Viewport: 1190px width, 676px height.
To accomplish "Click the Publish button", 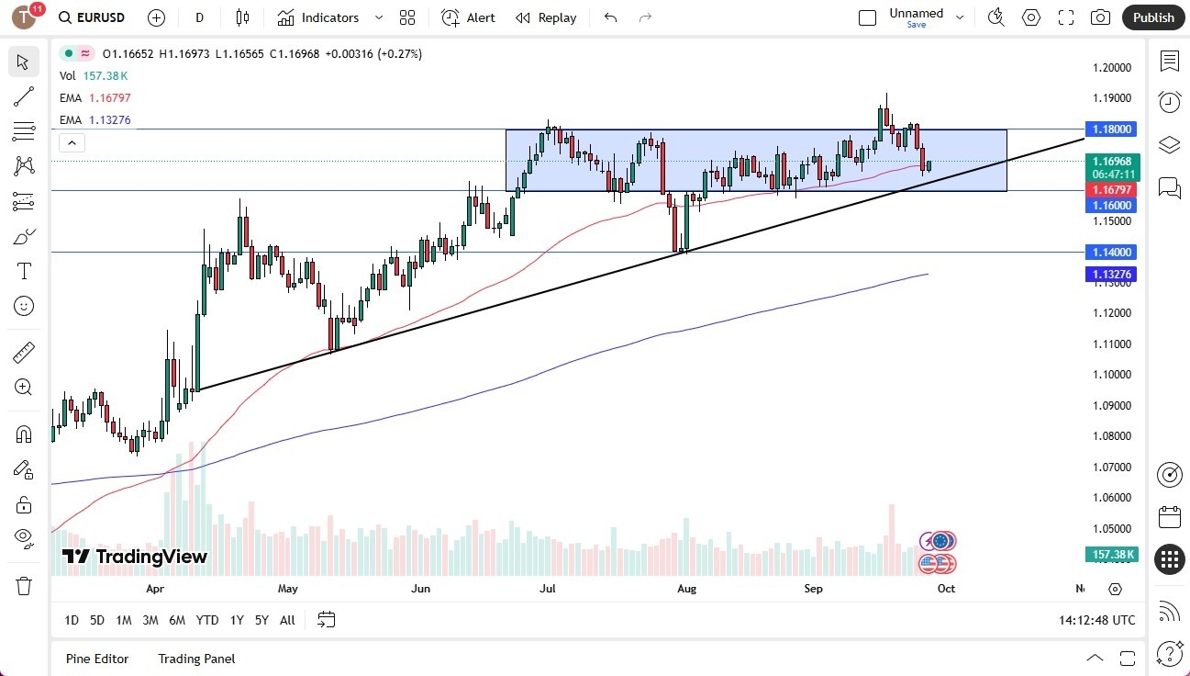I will point(1152,17).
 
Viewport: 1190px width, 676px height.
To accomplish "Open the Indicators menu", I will point(329,17).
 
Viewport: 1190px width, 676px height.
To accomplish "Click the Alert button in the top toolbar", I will point(468,17).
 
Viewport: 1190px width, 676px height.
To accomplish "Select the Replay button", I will point(546,17).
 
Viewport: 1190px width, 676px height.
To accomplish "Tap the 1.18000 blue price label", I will point(1110,130).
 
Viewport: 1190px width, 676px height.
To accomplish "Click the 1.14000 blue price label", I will point(1110,252).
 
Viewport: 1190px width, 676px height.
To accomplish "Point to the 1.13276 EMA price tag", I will point(1110,274).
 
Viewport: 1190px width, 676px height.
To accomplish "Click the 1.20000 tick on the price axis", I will point(1111,68).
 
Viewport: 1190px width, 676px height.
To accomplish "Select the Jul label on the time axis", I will point(548,589).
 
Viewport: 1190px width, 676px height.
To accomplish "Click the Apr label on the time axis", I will point(154,589).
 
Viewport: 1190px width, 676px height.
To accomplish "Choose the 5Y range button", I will point(261,620).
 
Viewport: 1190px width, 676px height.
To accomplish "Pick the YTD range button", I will point(207,620).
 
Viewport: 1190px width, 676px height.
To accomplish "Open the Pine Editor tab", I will point(97,659).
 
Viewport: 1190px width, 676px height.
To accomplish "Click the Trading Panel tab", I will point(196,659).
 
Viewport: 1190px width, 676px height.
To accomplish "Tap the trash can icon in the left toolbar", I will point(24,585).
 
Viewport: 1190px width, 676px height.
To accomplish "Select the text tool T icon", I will point(24,271).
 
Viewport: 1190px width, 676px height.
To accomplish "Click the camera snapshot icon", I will point(1099,17).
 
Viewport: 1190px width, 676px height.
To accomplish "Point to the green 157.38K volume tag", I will point(1112,555).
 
